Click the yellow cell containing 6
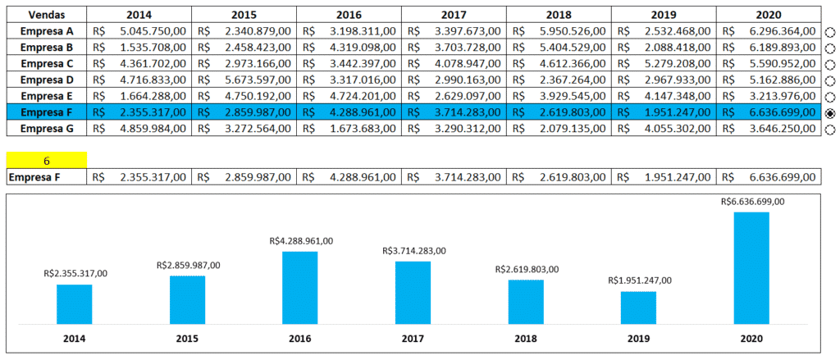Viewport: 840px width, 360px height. (x=46, y=160)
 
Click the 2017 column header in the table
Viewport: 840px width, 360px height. (x=454, y=15)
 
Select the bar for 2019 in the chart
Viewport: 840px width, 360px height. (x=638, y=307)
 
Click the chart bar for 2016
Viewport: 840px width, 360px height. (x=300, y=287)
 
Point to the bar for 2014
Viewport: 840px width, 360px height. (x=75, y=303)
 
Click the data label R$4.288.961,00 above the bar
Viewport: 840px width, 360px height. (x=301, y=241)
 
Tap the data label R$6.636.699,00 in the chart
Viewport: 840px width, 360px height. (x=752, y=201)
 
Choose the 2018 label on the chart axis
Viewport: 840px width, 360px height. (x=526, y=338)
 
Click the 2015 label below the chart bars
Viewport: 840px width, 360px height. (x=187, y=338)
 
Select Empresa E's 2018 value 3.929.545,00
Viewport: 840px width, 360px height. (x=572, y=96)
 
